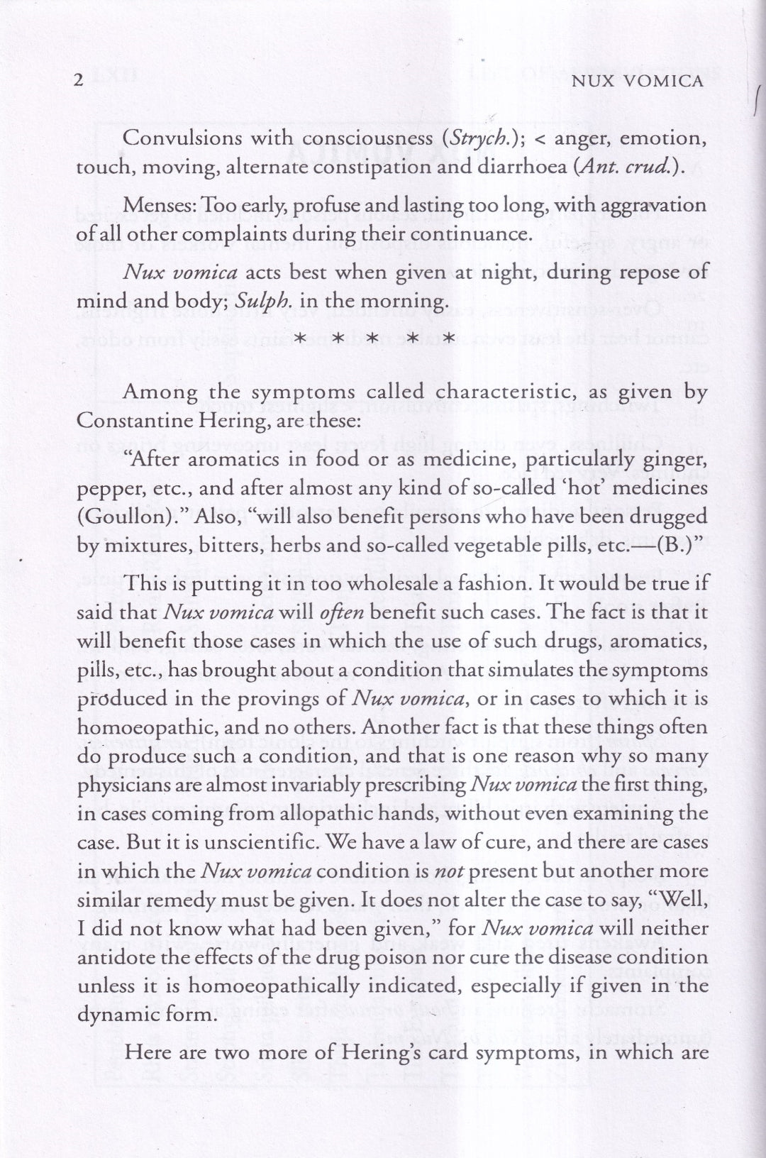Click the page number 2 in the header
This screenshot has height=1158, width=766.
[79, 81]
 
